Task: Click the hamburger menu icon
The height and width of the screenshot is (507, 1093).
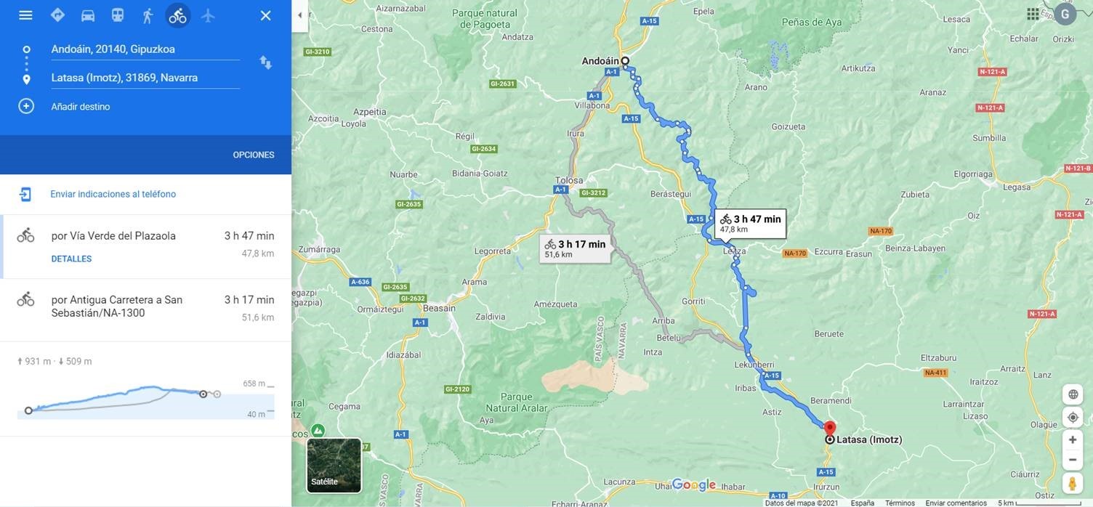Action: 25,15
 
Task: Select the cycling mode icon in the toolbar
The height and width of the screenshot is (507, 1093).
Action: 177,15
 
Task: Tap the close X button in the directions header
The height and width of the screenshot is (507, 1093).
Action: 266,15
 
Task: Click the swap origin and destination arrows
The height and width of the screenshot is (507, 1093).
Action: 266,62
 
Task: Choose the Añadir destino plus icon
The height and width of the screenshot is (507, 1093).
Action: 26,106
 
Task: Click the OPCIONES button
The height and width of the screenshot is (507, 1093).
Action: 253,155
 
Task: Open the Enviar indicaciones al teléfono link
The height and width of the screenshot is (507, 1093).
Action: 113,194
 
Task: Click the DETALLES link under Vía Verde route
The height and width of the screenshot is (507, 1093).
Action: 71,259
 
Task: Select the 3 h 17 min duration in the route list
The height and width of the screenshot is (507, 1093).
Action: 249,299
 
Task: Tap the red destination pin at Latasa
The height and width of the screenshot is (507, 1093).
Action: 830,428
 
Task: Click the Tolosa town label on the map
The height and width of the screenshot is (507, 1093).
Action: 569,180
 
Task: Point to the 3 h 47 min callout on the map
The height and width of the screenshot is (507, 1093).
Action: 751,223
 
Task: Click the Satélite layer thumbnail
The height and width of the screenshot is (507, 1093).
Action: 334,465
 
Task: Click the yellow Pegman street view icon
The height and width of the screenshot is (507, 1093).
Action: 1073,483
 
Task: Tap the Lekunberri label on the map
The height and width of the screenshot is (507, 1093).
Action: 754,365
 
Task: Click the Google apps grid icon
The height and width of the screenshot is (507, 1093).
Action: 1033,14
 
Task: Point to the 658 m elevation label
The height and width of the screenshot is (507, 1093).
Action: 254,384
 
